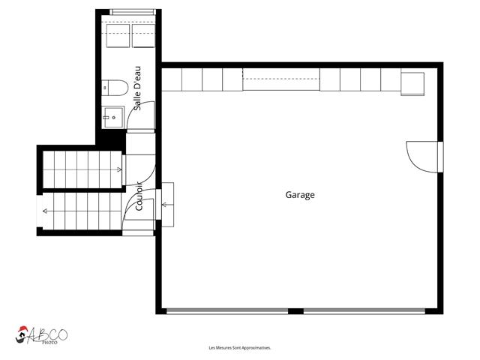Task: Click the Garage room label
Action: point(300,195)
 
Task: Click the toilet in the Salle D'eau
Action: point(111,89)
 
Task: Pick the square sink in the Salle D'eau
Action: point(113,117)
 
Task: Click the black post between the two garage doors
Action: point(295,310)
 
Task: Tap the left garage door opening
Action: point(227,310)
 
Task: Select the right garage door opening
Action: point(363,310)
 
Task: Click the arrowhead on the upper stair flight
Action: point(121,170)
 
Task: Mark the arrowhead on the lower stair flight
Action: point(45,211)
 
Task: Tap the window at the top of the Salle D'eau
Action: point(134,11)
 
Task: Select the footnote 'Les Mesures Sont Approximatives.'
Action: point(240,348)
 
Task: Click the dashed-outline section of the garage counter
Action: point(281,78)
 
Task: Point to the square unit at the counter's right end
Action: point(412,82)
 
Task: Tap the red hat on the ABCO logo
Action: point(25,330)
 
